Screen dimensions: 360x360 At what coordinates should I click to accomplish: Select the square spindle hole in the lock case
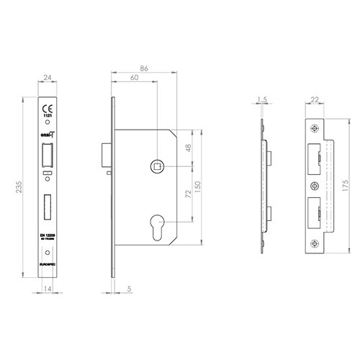156,166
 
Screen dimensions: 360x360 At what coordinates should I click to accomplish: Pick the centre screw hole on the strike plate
315,185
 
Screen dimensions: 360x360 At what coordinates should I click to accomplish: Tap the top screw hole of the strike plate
315,129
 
